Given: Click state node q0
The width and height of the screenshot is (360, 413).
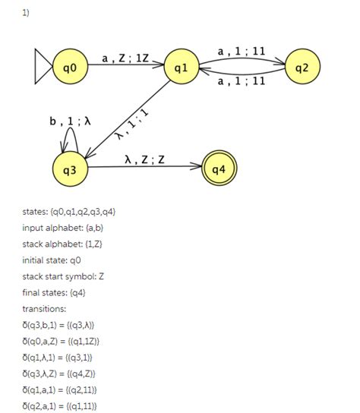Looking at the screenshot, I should (70, 68).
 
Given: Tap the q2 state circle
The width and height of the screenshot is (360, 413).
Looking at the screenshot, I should (302, 68).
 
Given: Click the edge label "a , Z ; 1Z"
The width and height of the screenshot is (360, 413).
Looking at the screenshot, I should (125, 57).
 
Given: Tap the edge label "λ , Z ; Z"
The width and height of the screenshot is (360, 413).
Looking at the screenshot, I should (144, 159).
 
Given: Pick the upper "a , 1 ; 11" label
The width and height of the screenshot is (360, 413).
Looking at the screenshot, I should (242, 52).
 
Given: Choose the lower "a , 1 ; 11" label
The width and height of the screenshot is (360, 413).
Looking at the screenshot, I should (242, 80).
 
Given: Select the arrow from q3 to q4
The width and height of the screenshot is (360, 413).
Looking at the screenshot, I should (144, 168).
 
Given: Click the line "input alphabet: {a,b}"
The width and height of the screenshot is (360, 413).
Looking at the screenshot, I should (63, 228).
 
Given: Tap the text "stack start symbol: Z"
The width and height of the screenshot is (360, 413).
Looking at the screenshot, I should (63, 276).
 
